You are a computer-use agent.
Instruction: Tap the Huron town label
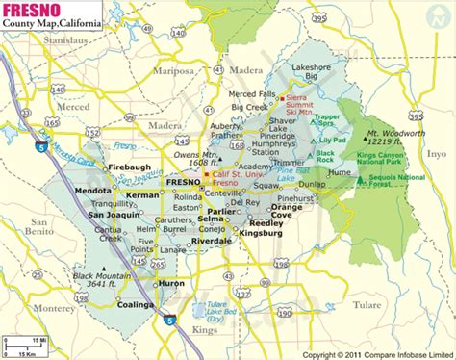172,285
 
